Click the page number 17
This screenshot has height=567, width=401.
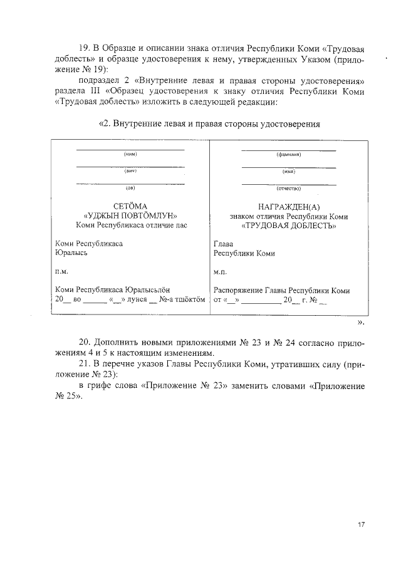[361, 525]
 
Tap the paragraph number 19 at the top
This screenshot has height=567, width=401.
[84, 49]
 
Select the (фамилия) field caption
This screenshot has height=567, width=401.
[289, 153]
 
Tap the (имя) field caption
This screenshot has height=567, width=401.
[289, 170]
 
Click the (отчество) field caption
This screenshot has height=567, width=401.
[289, 187]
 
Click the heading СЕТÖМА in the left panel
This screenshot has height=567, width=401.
[130, 206]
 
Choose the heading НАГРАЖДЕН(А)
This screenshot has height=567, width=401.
[289, 207]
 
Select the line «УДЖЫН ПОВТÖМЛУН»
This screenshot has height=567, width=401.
[130, 216]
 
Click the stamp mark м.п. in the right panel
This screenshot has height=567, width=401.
[221, 272]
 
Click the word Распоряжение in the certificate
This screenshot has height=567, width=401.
[240, 291]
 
